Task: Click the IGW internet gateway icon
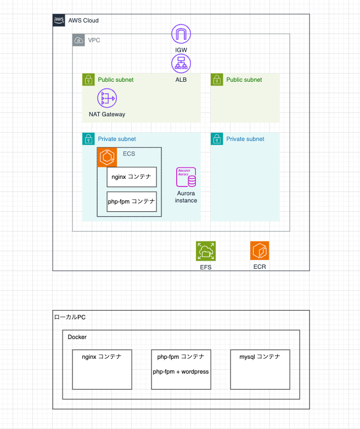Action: (181, 33)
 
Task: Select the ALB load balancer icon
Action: (181, 63)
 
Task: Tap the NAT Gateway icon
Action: (107, 99)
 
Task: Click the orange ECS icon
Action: (107, 157)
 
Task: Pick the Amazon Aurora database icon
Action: (186, 178)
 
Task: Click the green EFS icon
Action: (206, 251)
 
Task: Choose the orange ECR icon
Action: (260, 251)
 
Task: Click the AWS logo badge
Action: (59, 20)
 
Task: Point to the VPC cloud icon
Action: (78, 40)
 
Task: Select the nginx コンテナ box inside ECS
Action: (132, 177)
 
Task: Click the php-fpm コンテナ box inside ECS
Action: (132, 202)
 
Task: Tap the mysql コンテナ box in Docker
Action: (260, 369)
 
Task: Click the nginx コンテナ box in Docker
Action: (102, 369)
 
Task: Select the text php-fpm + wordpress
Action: (181, 371)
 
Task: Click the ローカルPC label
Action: (70, 317)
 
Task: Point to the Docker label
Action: (77, 337)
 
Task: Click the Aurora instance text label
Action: (186, 197)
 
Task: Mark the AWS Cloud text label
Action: (83, 20)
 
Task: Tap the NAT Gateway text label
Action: (107, 115)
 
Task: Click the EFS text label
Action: (206, 267)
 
